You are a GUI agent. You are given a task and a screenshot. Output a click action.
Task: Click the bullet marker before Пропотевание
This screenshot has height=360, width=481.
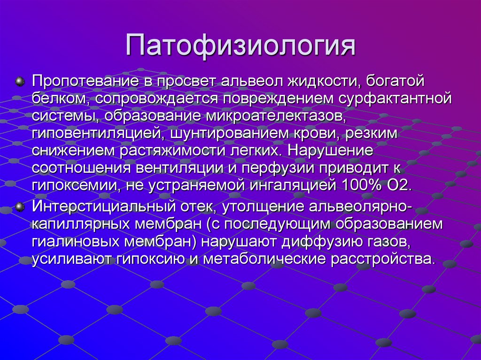[x=20, y=82]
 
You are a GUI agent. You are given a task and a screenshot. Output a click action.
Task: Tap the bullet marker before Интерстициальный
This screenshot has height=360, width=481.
[x=20, y=207]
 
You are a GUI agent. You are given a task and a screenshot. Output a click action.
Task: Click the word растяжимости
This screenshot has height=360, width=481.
[x=176, y=150]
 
